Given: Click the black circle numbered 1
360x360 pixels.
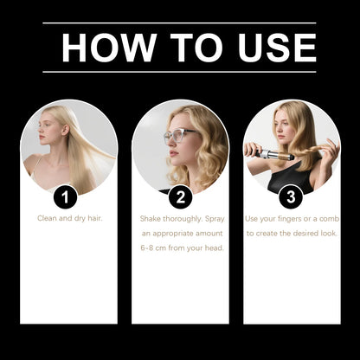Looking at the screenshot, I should [66, 196].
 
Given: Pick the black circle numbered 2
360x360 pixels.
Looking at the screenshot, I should [179, 196].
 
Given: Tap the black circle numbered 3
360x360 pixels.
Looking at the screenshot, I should [292, 196].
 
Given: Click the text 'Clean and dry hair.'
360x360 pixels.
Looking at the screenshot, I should [69, 218].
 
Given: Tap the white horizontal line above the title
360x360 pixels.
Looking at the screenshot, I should [179, 23].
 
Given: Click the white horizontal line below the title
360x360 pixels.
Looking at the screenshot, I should [179, 72].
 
